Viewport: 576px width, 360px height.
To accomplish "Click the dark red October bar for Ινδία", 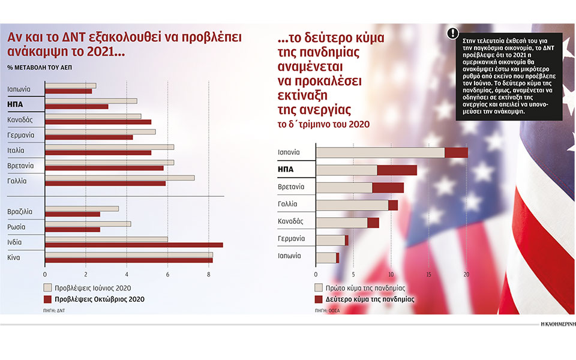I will pyautogui.click(x=134, y=245).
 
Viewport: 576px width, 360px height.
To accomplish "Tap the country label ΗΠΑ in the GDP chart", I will pyautogui.click(x=16, y=104).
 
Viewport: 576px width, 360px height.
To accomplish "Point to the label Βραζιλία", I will pyautogui.click(x=20, y=211).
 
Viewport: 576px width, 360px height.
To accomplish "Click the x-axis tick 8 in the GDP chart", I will pyautogui.click(x=208, y=275).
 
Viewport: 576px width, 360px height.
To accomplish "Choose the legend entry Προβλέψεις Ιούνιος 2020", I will pyautogui.click(x=90, y=287).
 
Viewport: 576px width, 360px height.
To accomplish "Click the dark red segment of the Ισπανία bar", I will pyautogui.click(x=456, y=153).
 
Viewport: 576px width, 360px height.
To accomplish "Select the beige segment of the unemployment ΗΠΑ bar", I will pyautogui.click(x=346, y=170).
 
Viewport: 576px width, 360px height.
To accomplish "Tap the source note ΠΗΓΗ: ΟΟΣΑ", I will pyautogui.click(x=327, y=310).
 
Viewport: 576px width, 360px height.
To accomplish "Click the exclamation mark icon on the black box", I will pyautogui.click(x=452, y=34).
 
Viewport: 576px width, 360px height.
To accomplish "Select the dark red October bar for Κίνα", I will pyautogui.click(x=128, y=260).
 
